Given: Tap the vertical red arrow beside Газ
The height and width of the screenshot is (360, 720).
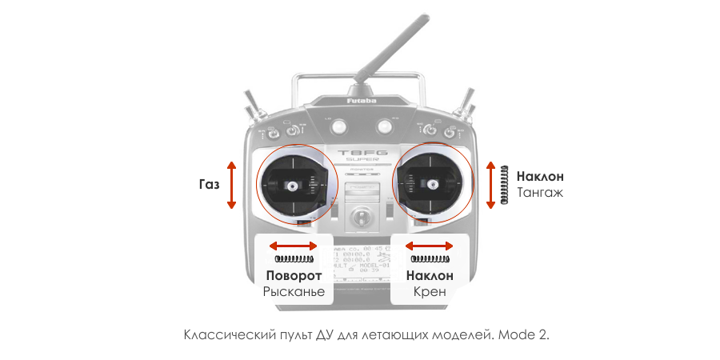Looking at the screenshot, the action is tap(232, 185).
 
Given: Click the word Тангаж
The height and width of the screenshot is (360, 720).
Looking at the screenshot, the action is tap(541, 193).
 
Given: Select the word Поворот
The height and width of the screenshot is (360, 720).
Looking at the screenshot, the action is tap(294, 276).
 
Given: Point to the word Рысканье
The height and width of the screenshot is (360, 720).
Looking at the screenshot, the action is tap(294, 292).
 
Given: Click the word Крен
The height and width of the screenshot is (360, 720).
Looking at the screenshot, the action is tap(430, 292).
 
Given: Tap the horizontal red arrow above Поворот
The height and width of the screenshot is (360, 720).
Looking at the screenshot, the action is tap(294, 246).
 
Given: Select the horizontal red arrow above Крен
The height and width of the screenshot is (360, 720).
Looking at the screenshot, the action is tap(430, 246).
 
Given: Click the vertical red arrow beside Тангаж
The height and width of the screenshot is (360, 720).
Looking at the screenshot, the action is tap(490, 185).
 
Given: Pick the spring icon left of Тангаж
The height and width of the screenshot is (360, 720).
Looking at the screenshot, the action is tap(504, 185).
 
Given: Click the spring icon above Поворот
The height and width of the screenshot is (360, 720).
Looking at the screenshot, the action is tap(294, 259).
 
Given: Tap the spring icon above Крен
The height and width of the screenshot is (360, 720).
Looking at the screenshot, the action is tap(430, 259).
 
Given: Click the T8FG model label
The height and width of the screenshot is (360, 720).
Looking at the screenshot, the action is tap(362, 152).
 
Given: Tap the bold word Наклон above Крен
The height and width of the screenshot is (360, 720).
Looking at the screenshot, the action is tap(430, 276).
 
